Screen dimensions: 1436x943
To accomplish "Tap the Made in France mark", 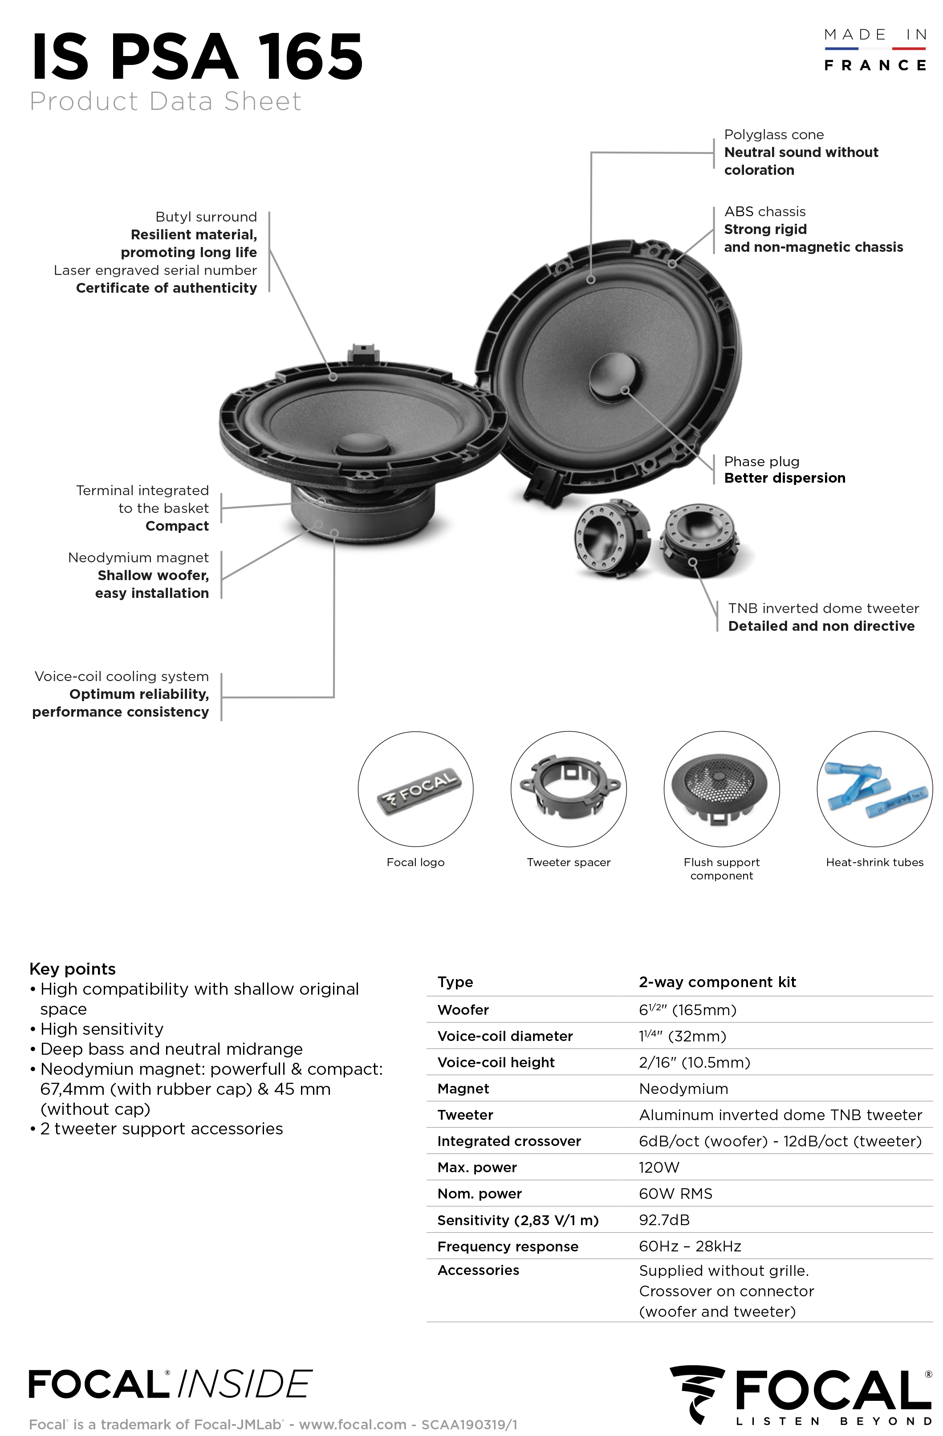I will (x=875, y=50).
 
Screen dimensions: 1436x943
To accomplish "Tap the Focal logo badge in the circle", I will (x=417, y=787).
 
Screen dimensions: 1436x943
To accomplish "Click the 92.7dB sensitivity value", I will (x=664, y=1220).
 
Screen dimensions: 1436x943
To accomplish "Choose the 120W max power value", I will (x=658, y=1167).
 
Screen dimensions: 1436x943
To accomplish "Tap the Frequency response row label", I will (x=508, y=1246).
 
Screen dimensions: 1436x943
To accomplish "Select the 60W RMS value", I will (x=675, y=1194).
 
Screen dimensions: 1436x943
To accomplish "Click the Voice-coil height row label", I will (x=496, y=1062).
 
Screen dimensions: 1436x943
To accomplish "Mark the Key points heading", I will (x=73, y=968).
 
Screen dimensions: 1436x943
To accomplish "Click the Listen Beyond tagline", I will (x=833, y=1421).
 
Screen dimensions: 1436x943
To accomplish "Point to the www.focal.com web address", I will (x=353, y=1424).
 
